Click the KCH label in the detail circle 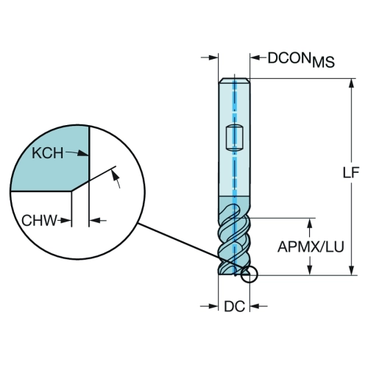tap(48, 153)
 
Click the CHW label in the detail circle tap(39, 220)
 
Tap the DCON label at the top tap(289, 58)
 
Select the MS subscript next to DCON tap(323, 62)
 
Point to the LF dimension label tap(351, 172)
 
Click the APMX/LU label tap(311, 247)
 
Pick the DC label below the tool tap(234, 306)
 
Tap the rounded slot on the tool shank tap(234, 138)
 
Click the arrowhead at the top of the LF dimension tap(352, 83)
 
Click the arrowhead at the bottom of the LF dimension tap(352, 270)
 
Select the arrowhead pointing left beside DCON tap(255, 57)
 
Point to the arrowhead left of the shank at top tap(213, 57)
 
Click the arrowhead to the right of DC tap(255, 306)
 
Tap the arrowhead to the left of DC tap(213, 306)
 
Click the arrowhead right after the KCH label tap(83, 154)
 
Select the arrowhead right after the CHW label tap(66, 221)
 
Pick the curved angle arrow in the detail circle tap(116, 179)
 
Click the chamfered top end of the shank tap(234, 81)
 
